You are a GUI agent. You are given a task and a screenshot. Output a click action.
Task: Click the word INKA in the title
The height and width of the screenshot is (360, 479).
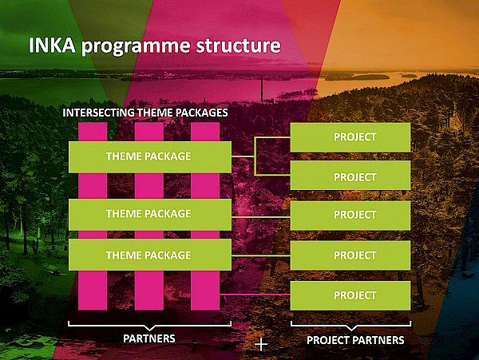click(x=52, y=45)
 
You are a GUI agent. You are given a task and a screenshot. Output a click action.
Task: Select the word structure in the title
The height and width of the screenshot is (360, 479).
click(x=238, y=45)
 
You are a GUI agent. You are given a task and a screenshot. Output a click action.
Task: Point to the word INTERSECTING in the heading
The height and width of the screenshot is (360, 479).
click(x=98, y=113)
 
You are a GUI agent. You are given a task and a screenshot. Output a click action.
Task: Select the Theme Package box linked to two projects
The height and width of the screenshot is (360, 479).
click(x=150, y=157)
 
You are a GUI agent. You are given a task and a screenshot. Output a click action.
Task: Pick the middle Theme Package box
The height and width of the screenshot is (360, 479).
click(x=150, y=215)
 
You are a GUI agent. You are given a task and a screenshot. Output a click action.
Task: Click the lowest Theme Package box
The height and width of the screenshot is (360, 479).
click(x=150, y=255)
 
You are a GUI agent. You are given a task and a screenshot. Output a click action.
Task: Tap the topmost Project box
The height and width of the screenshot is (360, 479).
click(x=350, y=137)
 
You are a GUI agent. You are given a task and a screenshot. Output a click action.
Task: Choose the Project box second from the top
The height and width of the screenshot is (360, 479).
click(x=350, y=176)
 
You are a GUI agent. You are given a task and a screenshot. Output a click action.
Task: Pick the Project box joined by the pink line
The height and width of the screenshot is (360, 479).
click(x=350, y=295)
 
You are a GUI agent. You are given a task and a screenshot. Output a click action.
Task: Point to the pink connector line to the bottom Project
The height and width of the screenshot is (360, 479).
click(x=255, y=295)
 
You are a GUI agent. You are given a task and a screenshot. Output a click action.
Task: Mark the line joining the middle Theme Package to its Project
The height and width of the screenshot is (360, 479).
click(x=260, y=217)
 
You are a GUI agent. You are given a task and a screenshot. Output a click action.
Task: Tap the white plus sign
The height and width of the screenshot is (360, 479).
click(x=261, y=345)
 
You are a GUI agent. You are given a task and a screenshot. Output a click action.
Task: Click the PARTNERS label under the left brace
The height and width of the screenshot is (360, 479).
click(x=149, y=338)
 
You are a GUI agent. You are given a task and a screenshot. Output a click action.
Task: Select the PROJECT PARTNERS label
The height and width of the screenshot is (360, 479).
click(x=355, y=340)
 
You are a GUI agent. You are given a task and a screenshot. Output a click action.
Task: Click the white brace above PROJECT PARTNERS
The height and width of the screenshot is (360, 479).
click(x=350, y=326)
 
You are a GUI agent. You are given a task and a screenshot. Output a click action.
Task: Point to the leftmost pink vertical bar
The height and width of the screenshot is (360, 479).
click(x=93, y=216)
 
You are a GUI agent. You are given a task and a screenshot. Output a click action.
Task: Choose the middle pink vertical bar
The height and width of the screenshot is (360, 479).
click(x=149, y=216)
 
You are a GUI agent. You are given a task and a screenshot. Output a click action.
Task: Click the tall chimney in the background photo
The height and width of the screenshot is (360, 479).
click(x=262, y=89)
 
